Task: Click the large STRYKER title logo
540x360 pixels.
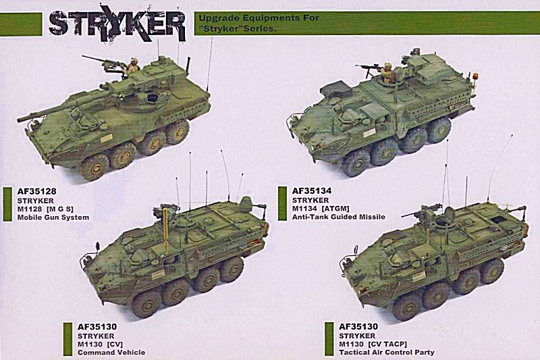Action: pos(117,23)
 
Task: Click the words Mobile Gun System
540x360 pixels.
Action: pos(53,217)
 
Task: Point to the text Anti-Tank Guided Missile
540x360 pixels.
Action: pos(339,217)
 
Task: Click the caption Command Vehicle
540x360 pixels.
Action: pos(111,353)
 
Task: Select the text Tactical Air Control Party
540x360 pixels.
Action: pos(386,353)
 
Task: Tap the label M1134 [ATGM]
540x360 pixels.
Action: pos(321,209)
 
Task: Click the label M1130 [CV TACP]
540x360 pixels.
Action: pos(373,344)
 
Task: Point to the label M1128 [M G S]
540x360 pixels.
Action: pos(45,209)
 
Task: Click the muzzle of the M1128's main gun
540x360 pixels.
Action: pos(20,119)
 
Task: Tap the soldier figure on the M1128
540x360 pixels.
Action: pos(132,66)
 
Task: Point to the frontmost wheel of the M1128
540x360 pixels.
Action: pos(94,168)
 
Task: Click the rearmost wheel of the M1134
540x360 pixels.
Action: pos(438,130)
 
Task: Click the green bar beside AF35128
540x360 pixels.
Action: pos(7,204)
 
